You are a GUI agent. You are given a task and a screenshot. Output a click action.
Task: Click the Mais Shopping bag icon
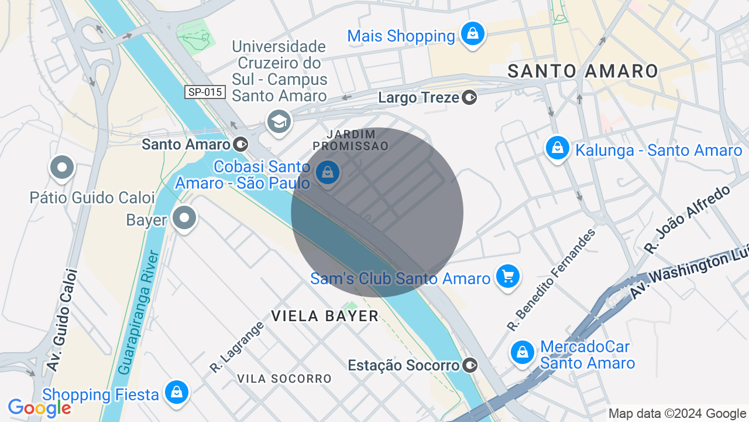472,34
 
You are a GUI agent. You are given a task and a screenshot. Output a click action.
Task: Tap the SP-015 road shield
205,92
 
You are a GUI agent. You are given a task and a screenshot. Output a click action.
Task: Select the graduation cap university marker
279,122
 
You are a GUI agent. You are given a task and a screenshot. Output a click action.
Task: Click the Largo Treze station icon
469,97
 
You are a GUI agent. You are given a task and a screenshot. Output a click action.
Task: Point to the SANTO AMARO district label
583,72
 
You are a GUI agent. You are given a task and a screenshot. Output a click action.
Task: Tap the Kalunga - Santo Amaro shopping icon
558,148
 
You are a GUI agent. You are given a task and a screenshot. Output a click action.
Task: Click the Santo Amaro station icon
240,144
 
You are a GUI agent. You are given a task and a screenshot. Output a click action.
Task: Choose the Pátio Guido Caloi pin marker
62,168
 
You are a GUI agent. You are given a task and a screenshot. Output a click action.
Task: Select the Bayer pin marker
185,218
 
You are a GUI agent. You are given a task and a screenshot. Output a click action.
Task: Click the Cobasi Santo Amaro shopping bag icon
328,173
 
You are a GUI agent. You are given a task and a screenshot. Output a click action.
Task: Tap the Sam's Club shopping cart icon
507,276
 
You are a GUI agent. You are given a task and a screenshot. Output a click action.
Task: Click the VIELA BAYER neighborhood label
325,316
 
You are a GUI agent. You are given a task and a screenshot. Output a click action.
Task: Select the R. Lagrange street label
237,347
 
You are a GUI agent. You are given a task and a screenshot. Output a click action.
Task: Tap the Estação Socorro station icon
470,365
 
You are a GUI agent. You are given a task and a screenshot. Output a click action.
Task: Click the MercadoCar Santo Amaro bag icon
522,352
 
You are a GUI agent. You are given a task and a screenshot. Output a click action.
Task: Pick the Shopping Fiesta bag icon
176,393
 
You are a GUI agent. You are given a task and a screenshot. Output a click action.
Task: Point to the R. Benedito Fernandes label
551,280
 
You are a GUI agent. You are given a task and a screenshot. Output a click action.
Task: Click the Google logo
39,408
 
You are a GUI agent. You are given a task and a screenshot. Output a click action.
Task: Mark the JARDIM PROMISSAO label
351,140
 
